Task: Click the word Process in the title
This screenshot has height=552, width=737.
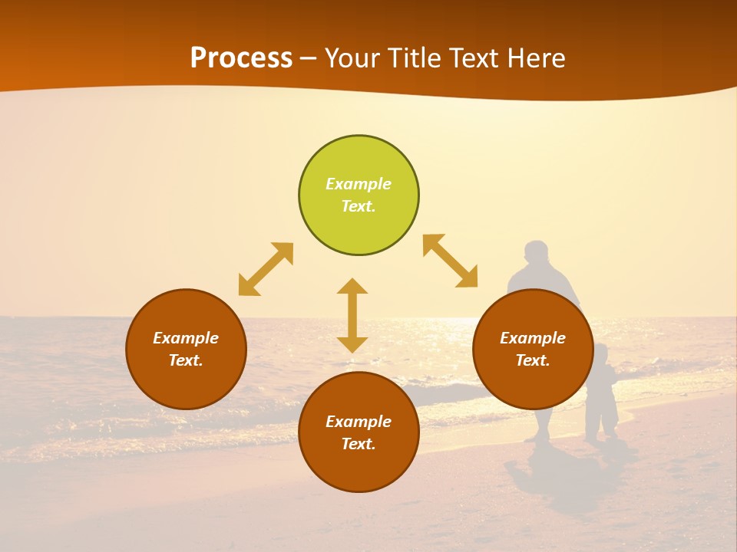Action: click(x=241, y=58)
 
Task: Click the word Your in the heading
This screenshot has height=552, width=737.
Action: click(x=352, y=58)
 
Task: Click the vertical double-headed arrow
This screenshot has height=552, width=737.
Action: click(x=352, y=315)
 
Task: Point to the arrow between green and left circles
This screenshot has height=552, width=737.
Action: click(x=266, y=269)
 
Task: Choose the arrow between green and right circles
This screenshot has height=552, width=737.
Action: click(x=451, y=261)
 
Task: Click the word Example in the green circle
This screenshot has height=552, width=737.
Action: click(x=359, y=184)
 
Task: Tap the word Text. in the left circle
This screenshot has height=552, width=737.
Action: click(x=186, y=360)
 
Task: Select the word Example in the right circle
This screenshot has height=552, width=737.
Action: click(x=533, y=338)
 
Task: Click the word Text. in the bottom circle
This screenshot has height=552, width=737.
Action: click(x=359, y=444)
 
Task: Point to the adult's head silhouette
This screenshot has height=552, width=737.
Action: click(x=537, y=253)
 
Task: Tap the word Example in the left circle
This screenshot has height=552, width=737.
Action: click(x=186, y=338)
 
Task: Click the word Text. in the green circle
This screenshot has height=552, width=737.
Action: click(x=359, y=206)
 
